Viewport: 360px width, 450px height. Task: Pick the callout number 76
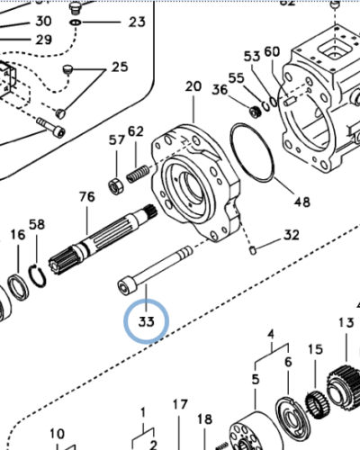click(x=86, y=197)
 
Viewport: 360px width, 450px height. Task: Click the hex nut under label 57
click(x=115, y=186)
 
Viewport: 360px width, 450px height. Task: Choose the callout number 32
click(x=291, y=236)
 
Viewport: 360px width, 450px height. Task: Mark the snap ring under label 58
click(x=37, y=278)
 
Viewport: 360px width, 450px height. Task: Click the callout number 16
click(x=18, y=236)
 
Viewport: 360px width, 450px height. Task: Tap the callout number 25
click(x=120, y=67)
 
